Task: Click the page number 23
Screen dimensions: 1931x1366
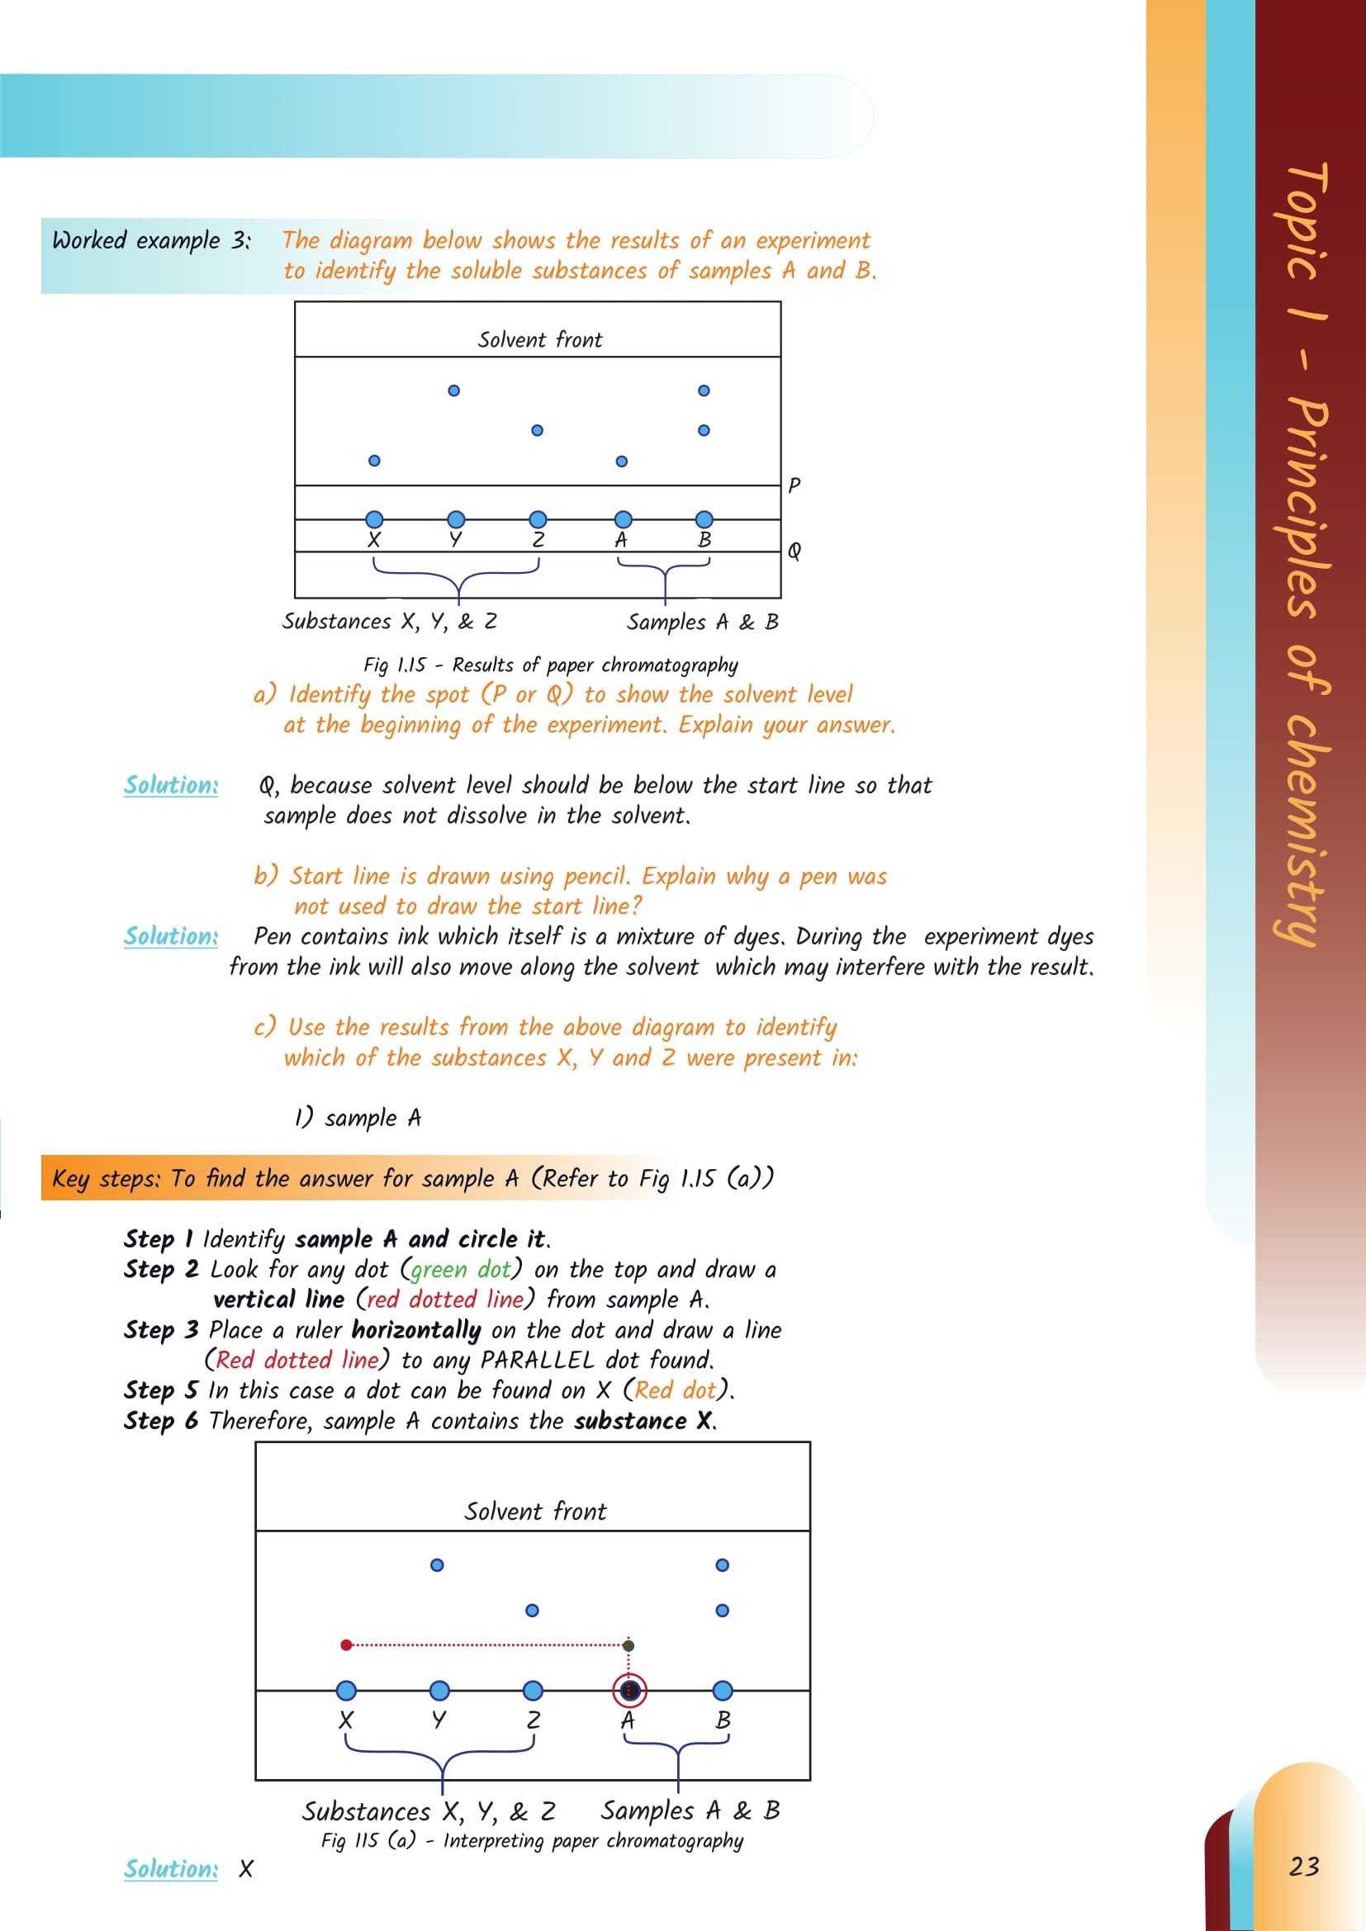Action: point(1304,1867)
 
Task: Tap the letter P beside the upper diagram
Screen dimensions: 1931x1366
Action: point(794,485)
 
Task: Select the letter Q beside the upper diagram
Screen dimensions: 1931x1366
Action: point(794,551)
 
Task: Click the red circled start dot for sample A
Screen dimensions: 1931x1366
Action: point(629,1690)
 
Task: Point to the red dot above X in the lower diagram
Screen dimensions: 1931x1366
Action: point(347,1645)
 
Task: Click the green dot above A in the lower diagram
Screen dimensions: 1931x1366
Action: point(628,1645)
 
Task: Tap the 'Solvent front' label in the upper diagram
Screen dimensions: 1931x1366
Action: point(540,340)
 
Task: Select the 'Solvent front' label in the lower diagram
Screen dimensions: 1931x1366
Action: point(535,1512)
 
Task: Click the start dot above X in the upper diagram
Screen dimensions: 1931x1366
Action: point(374,519)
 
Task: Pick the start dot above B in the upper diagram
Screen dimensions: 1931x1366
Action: point(704,519)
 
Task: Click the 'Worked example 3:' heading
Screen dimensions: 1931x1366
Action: point(151,240)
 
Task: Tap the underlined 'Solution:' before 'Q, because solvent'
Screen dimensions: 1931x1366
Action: point(171,784)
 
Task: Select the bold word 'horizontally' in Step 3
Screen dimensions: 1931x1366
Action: point(415,1330)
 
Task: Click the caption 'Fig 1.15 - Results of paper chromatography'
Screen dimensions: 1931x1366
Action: point(551,665)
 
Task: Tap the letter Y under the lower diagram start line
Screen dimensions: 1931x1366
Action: point(439,1720)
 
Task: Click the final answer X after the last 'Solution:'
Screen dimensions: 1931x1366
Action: point(245,1869)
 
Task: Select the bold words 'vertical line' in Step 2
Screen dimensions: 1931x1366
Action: point(278,1299)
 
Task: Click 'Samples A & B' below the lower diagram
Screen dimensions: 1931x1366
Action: point(690,1809)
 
